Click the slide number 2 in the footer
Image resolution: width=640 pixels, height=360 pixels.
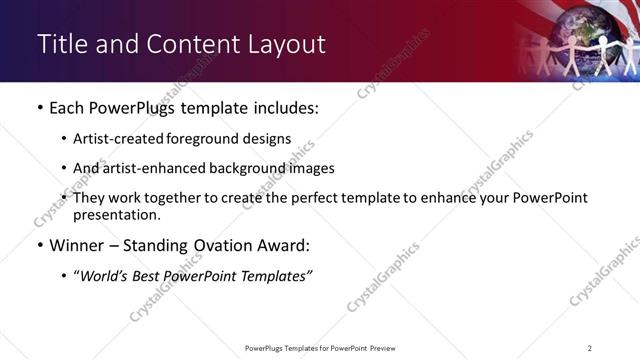click(x=589, y=348)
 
